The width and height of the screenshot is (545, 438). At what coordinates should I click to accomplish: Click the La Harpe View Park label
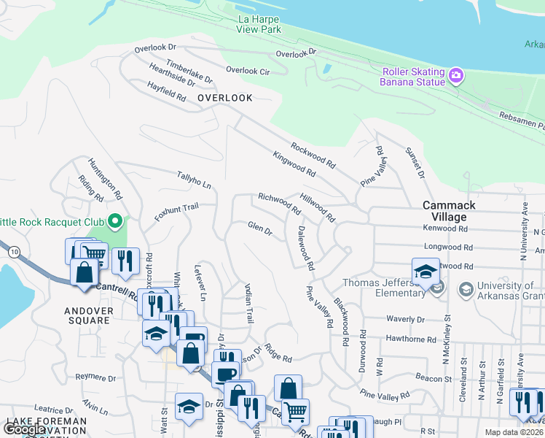(x=259, y=24)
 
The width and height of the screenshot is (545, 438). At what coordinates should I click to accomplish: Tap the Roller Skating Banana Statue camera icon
(x=457, y=74)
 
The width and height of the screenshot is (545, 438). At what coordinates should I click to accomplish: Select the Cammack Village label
(x=449, y=212)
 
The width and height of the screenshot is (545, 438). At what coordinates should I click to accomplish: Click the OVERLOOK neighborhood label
(x=224, y=98)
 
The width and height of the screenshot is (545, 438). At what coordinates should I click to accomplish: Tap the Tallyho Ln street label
(x=194, y=180)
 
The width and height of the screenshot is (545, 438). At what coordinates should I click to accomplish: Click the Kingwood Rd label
(x=294, y=164)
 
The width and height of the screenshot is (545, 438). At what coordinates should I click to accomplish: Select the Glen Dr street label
(x=259, y=230)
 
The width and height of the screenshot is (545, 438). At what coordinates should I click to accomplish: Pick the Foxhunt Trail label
(x=176, y=212)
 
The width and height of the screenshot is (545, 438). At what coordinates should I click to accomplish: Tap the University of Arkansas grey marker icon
(x=464, y=290)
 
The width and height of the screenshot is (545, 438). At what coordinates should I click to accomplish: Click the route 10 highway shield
(x=15, y=252)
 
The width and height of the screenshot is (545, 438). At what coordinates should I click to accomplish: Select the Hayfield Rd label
(x=166, y=91)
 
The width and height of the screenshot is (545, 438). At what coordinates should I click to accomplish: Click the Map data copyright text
(x=514, y=432)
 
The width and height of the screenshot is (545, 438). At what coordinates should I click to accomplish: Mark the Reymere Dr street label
(x=95, y=378)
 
